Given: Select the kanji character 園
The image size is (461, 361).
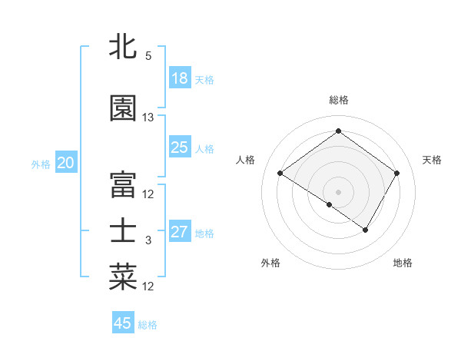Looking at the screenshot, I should coord(123,109).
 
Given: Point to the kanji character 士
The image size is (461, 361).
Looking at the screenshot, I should coord(123,231).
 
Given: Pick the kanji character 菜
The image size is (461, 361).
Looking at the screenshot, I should coord(123,277).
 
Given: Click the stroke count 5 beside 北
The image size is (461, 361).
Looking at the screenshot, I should coord(148,56).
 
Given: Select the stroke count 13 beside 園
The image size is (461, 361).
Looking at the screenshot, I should coord(148,118).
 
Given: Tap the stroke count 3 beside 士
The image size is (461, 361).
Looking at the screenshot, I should coord(148,240).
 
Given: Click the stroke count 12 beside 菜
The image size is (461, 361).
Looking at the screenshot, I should coord(148,286).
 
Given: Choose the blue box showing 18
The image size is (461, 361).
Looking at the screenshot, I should coord(180,78).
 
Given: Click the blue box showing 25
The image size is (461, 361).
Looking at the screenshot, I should coord(180,147).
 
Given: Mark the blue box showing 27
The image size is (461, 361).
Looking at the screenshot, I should coord(180,232).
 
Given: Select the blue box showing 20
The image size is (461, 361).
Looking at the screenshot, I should coord(66,163).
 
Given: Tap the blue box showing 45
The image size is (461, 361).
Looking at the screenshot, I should coord(123,323).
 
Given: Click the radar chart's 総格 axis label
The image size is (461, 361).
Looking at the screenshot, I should coord(339,100).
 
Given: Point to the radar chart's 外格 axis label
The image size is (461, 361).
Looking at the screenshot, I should coord(270,263).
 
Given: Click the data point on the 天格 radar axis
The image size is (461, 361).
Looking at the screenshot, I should coord(397,173).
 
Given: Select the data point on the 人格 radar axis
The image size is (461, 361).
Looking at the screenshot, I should coord(280,173).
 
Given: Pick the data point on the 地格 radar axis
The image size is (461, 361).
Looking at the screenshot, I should coord(366,230).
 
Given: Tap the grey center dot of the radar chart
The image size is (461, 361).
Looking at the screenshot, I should coord(338,191).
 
